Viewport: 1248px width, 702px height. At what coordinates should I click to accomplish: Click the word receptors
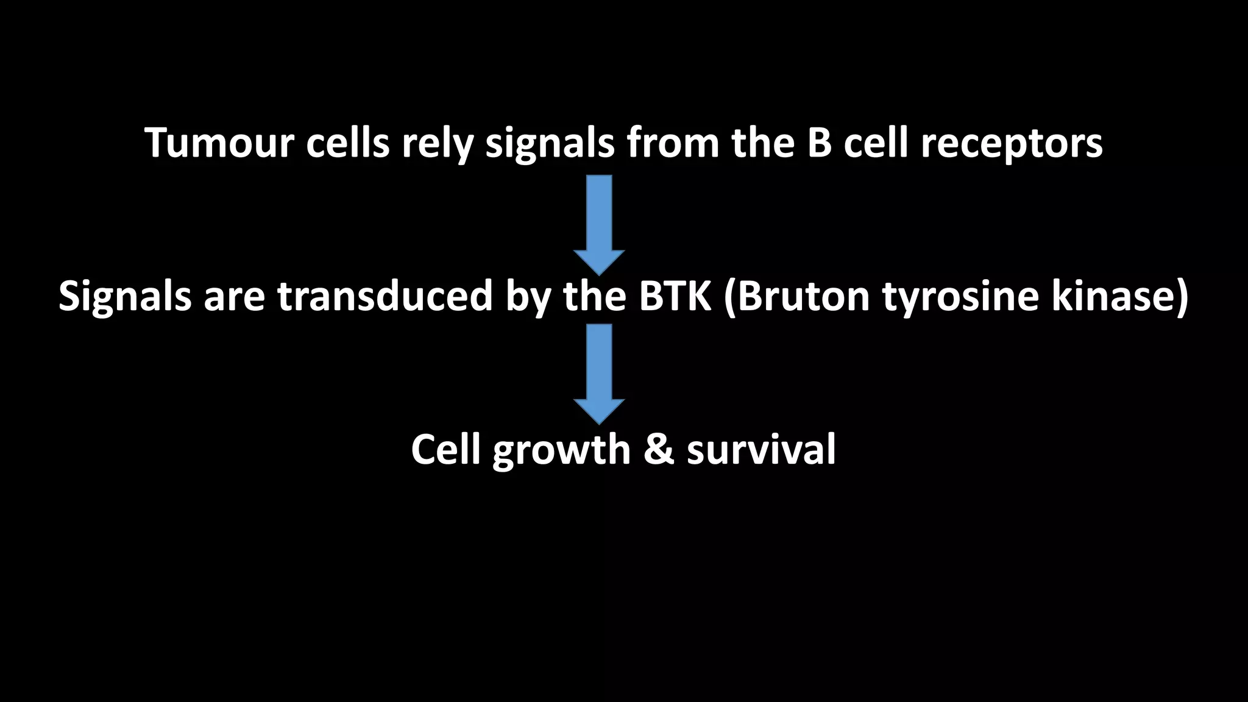coord(1011,145)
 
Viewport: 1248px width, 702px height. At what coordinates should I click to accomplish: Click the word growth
coord(561,451)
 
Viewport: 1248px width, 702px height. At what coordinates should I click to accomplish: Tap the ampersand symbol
coord(658,450)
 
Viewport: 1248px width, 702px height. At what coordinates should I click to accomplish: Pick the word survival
coord(761,450)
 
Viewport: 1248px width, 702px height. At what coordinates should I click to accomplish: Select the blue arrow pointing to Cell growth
coord(599,374)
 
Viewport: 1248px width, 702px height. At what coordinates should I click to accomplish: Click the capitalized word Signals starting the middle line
coord(125,296)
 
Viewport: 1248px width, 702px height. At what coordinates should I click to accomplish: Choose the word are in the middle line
coord(234,297)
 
